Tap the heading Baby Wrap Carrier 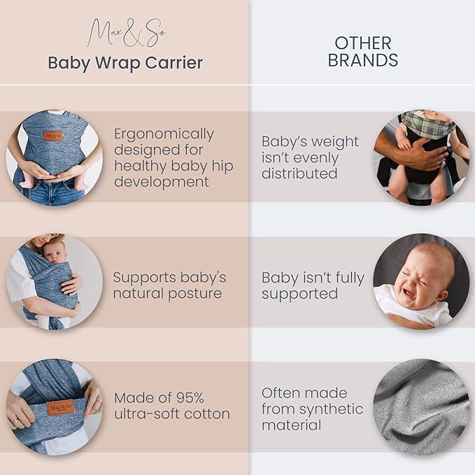(125, 63)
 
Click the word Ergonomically (164, 134)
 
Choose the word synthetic (332, 409)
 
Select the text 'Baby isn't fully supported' (313, 286)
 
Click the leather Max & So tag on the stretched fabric (61, 409)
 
